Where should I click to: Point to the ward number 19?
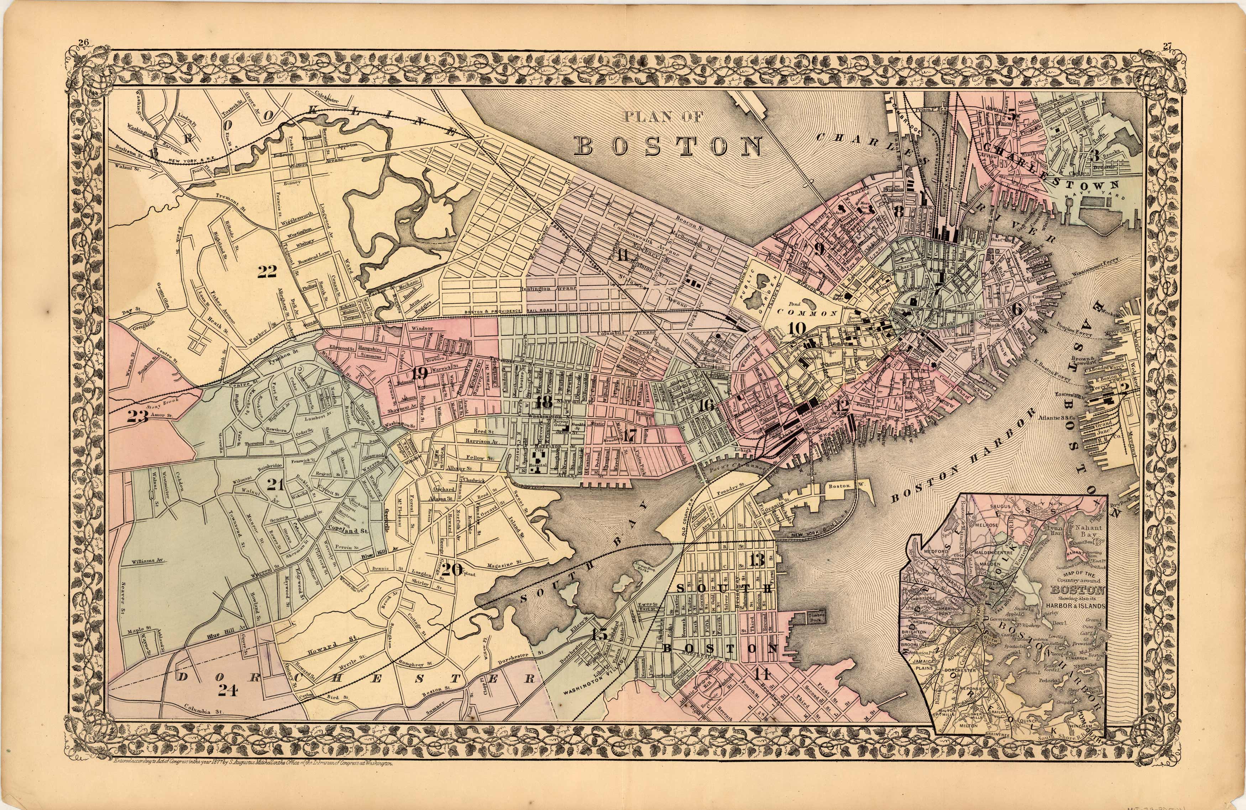419,373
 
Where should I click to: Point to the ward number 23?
137,416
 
